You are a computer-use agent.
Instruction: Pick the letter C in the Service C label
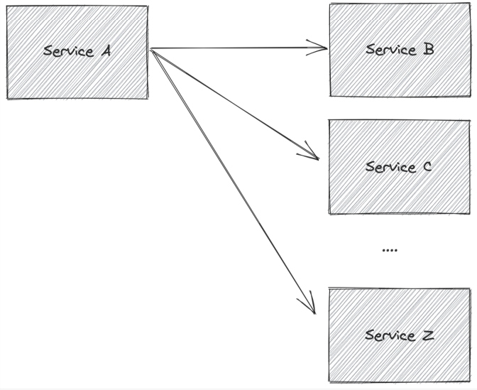click(x=427, y=167)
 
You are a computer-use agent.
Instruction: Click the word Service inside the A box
click(x=68, y=52)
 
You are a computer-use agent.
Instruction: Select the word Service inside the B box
click(x=390, y=50)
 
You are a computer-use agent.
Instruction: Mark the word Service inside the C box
click(x=390, y=167)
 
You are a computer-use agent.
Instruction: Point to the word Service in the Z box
click(x=390, y=335)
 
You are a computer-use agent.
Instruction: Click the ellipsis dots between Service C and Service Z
click(x=390, y=251)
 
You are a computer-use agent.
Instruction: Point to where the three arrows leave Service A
click(x=152, y=50)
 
